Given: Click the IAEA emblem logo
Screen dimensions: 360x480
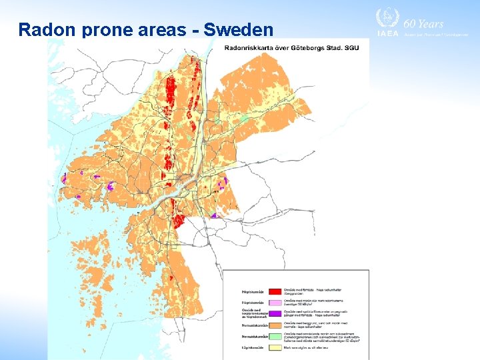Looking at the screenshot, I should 386,17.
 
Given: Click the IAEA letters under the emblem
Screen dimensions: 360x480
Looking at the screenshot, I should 387,33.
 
